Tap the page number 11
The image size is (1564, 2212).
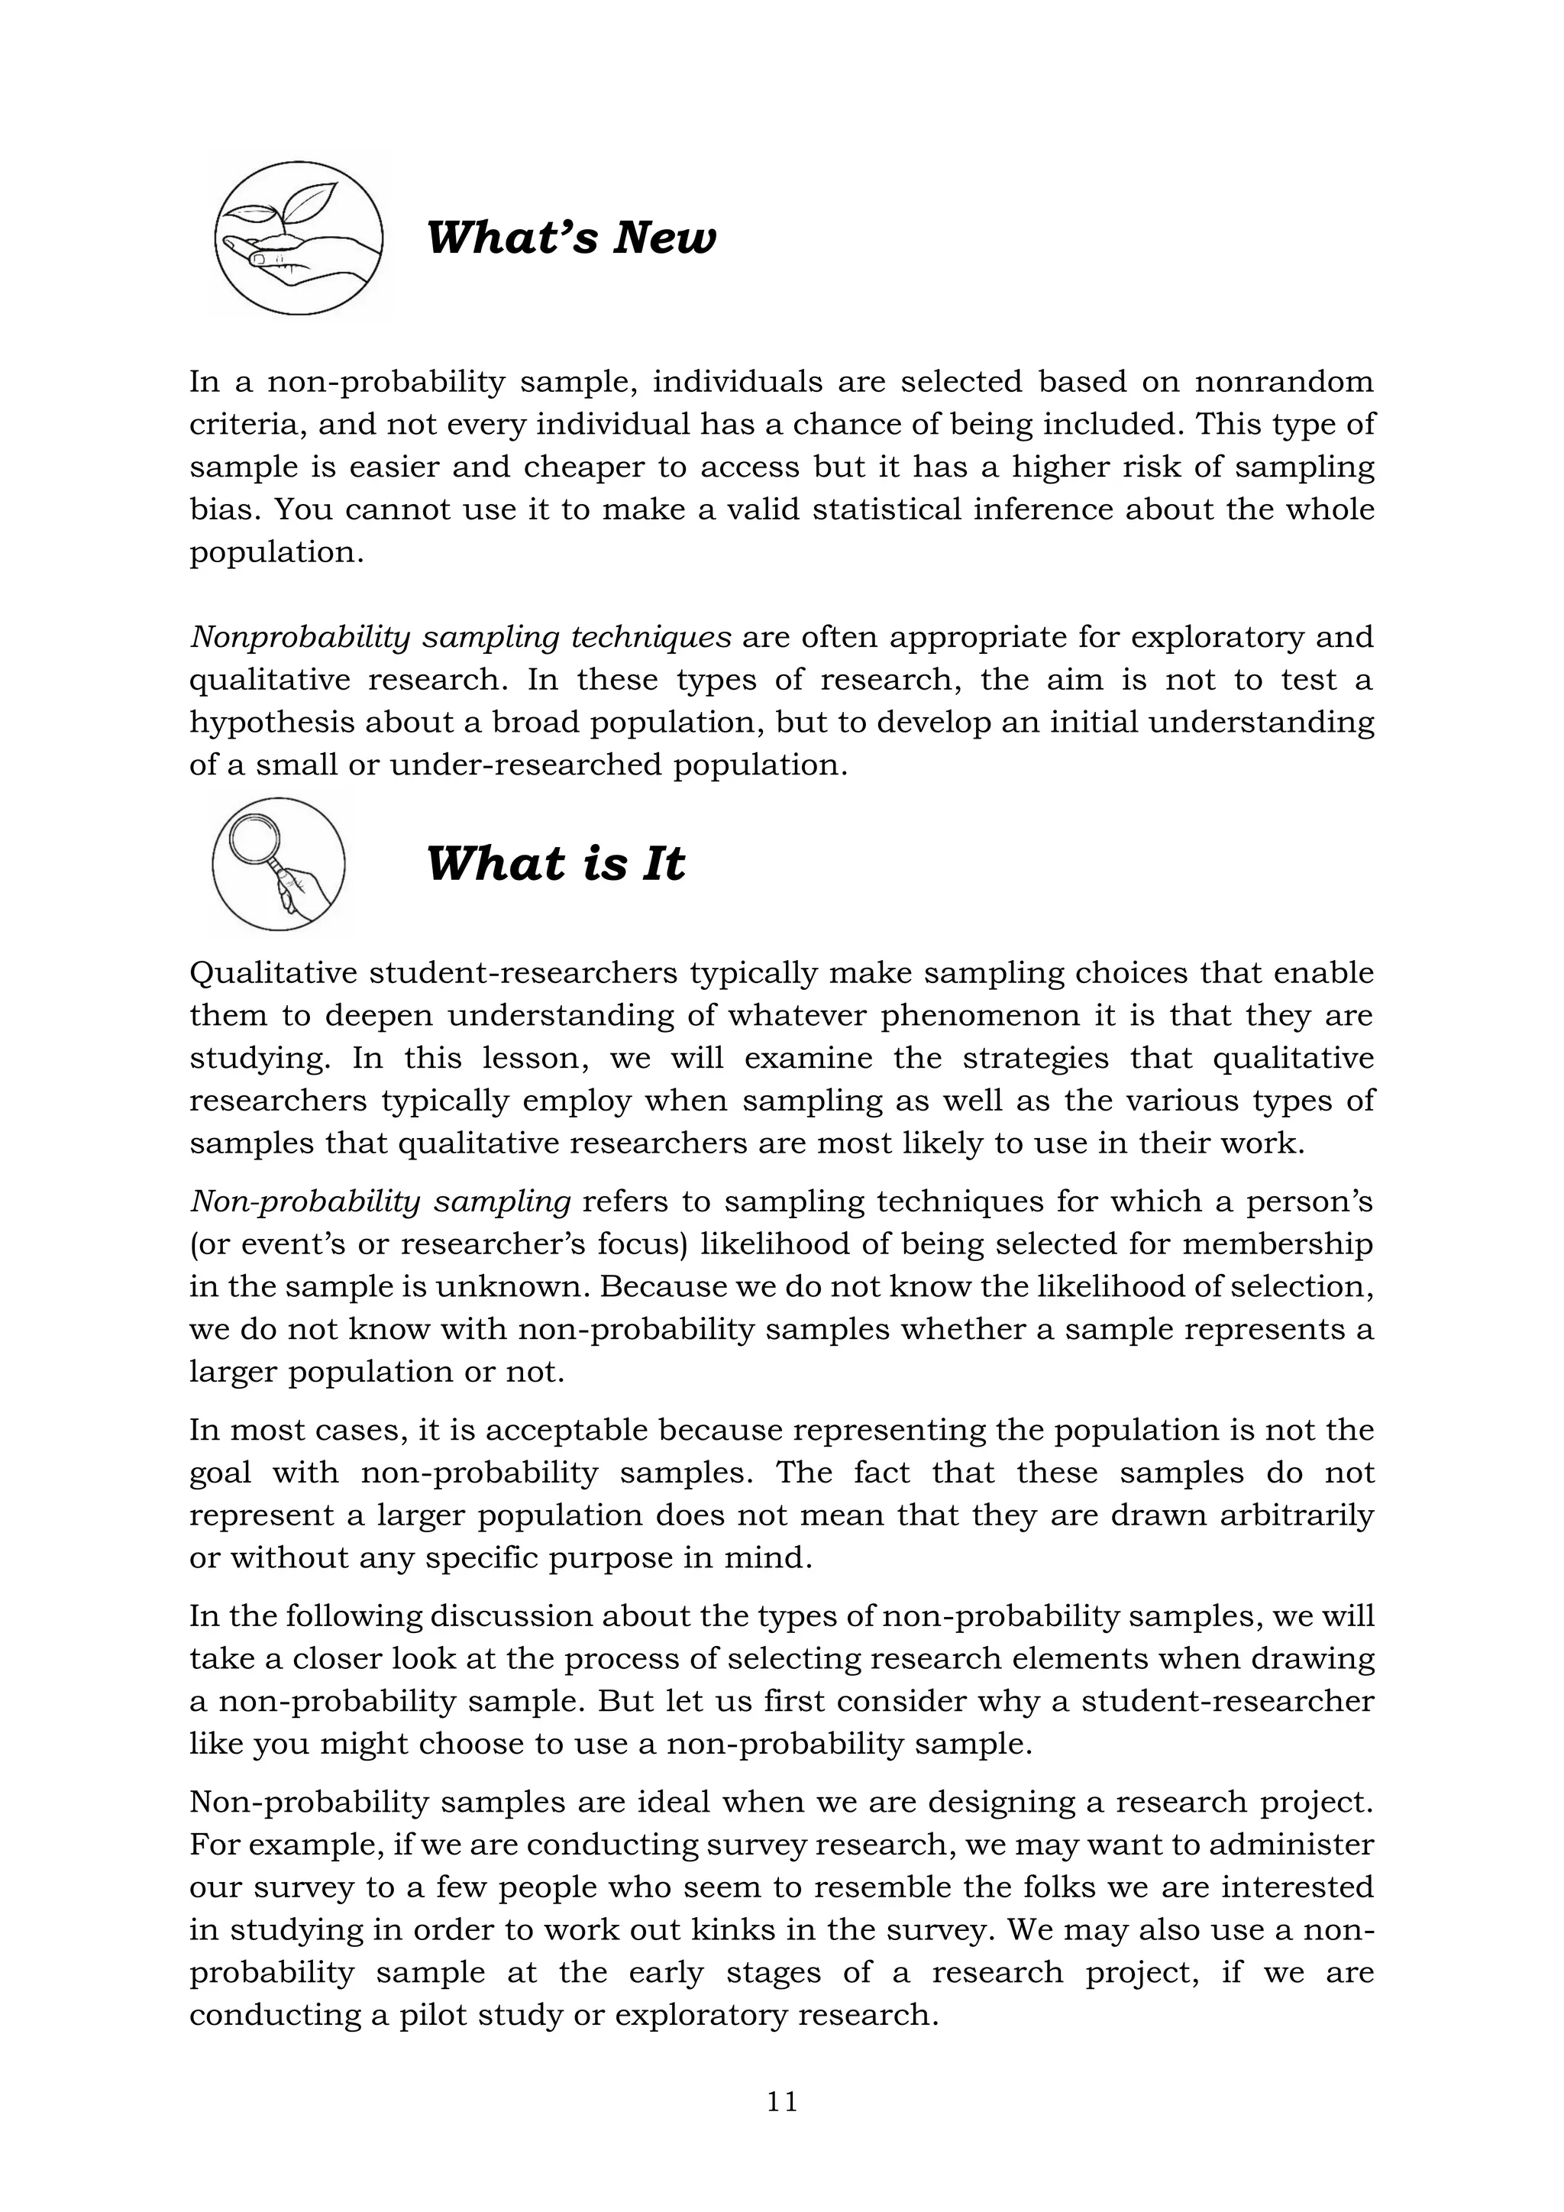(782, 2101)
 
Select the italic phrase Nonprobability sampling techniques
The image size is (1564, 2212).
(460, 638)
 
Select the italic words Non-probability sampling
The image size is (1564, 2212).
(380, 1201)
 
